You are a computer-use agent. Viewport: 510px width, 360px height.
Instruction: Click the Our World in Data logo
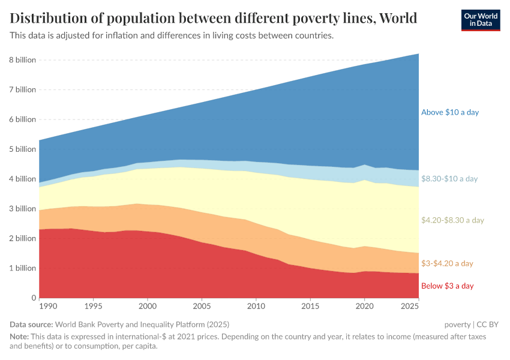pyautogui.click(x=480, y=20)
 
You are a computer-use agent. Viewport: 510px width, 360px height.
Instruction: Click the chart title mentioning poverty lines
pyautogui.click(x=214, y=18)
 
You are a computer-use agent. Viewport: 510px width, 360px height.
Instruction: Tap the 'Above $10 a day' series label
pyautogui.click(x=449, y=112)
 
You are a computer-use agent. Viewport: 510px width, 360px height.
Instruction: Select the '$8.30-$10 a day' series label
pyautogui.click(x=449, y=179)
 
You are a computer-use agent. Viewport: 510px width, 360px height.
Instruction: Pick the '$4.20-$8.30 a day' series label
pyautogui.click(x=452, y=220)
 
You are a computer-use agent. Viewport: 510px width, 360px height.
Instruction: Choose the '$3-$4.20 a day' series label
pyautogui.click(x=447, y=263)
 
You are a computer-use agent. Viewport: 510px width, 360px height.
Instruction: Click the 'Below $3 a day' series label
pyautogui.click(x=447, y=286)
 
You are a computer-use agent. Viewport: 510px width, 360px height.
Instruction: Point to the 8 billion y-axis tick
pyautogui.click(x=22, y=60)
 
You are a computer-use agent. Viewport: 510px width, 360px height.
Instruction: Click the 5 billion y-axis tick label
pyautogui.click(x=22, y=149)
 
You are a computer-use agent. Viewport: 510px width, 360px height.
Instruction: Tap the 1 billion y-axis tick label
pyautogui.click(x=22, y=268)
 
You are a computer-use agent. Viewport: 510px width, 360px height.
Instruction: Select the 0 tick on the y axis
pyautogui.click(x=34, y=298)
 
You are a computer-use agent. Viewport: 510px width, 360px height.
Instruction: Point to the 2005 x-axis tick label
pyautogui.click(x=202, y=307)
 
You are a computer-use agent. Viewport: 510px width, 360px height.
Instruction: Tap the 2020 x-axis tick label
pyautogui.click(x=364, y=307)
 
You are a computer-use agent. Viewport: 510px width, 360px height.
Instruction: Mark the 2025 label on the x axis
pyautogui.click(x=410, y=307)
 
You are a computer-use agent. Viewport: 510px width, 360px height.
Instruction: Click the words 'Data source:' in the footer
pyautogui.click(x=32, y=325)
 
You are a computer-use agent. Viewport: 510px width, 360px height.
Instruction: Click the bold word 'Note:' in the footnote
pyautogui.click(x=20, y=337)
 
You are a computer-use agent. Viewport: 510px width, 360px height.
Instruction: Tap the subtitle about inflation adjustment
pyautogui.click(x=172, y=36)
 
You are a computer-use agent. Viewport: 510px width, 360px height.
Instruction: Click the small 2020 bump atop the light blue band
pyautogui.click(x=364, y=165)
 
